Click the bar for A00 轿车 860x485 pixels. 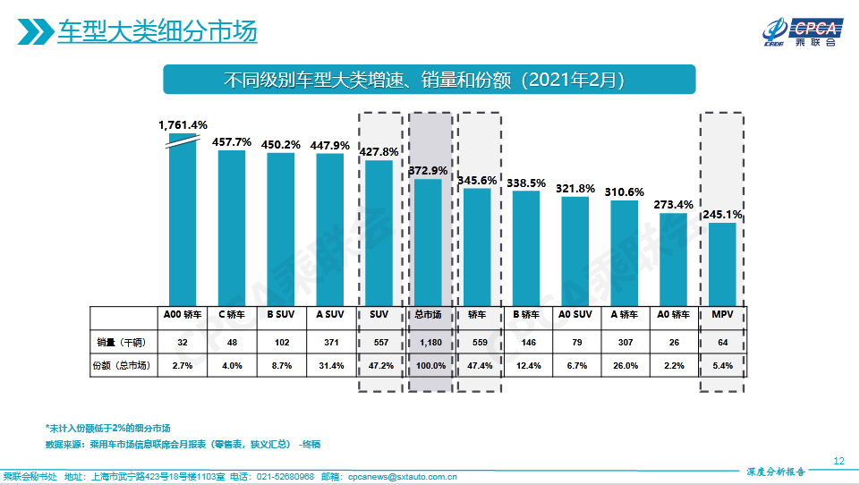(183, 219)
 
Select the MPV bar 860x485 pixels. (722, 263)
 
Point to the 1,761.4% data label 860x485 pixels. (183, 124)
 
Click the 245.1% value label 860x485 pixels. (722, 215)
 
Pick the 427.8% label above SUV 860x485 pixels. (379, 152)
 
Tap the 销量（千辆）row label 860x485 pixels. (121, 341)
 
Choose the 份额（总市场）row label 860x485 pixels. (122, 365)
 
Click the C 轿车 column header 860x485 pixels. (232, 315)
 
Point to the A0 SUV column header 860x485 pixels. (575, 315)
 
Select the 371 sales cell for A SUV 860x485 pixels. (330, 341)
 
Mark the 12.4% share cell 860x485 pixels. (526, 365)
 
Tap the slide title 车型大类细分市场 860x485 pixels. (157, 32)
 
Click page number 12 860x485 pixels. (839, 460)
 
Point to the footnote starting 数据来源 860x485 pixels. (183, 444)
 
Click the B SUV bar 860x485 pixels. (281, 228)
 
